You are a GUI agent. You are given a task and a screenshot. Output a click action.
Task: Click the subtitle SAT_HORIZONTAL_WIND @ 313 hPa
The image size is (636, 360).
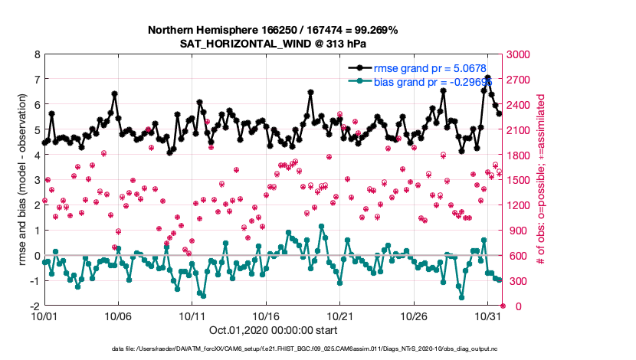(x=274, y=43)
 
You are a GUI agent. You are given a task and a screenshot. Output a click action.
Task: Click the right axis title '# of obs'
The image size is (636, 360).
(x=540, y=180)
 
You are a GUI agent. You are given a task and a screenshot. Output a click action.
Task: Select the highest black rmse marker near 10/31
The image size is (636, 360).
(x=487, y=78)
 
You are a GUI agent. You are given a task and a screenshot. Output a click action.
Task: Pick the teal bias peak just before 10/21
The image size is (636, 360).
(x=321, y=227)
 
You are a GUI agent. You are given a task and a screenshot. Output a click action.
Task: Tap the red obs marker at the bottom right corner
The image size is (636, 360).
(x=503, y=306)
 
